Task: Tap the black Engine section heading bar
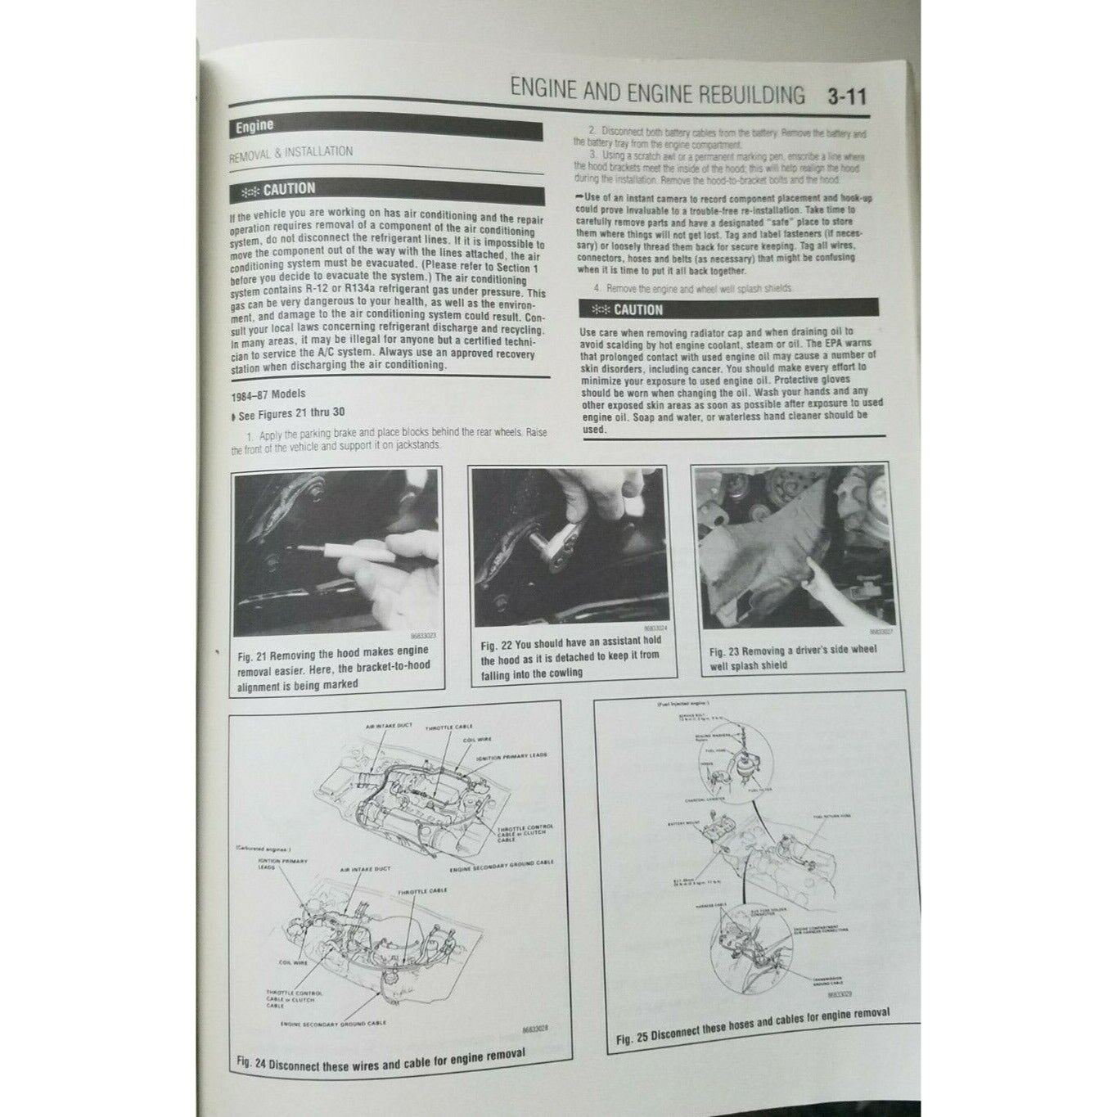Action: [x=385, y=128]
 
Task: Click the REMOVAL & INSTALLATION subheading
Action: [x=291, y=153]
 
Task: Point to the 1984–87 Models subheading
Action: [x=268, y=394]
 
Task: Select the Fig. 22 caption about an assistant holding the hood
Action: [x=570, y=657]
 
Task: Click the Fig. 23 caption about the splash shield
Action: [x=792, y=657]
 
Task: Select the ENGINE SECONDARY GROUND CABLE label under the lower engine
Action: [x=332, y=1023]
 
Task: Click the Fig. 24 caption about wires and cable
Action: [x=380, y=1059]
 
